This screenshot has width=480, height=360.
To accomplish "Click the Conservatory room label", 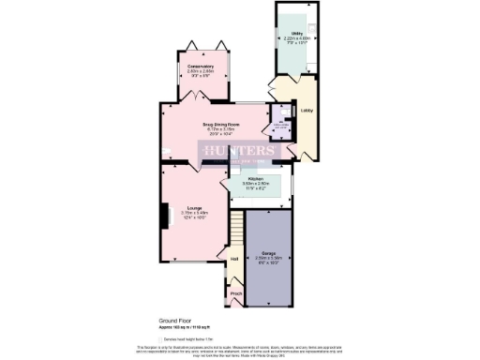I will click(200, 67).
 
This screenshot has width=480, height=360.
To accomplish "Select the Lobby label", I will click(306, 111).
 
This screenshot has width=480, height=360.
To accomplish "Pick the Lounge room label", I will click(194, 207).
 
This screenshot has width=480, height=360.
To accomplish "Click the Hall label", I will click(234, 258).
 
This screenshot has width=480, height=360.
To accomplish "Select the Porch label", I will click(235, 292).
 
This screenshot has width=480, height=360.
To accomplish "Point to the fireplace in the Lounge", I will click(164, 214).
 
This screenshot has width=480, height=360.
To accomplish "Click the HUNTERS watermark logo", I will click(239, 150).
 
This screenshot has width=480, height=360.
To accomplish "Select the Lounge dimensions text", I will click(194, 216).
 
